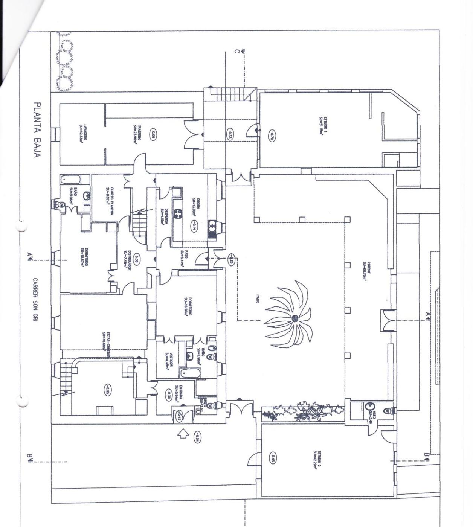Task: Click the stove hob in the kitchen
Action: click(x=178, y=214)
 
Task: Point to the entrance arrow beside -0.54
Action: click(x=183, y=434)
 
